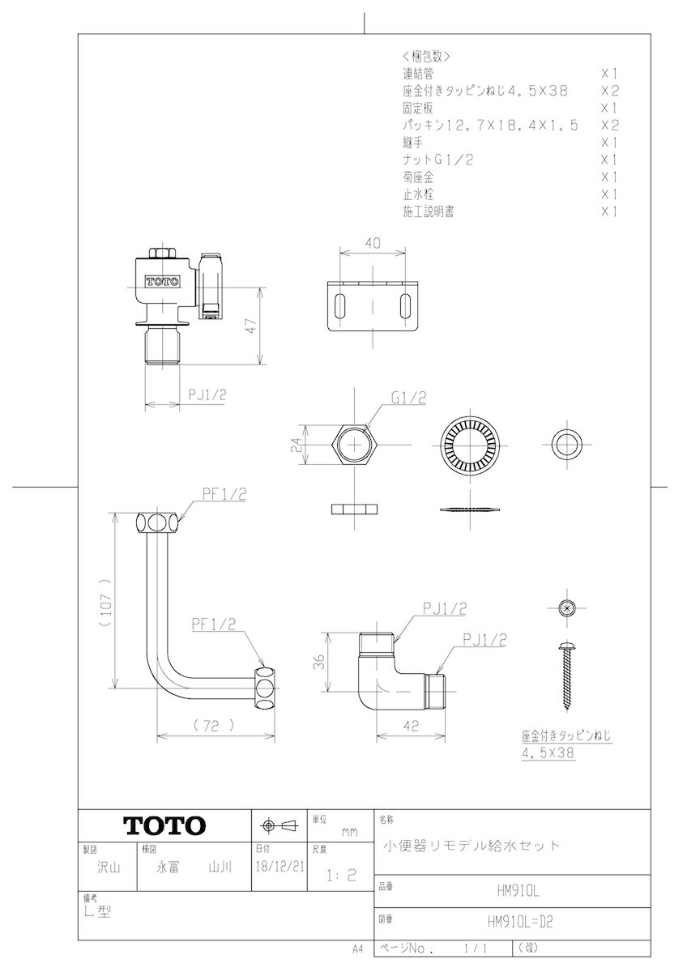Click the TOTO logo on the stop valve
tap(162, 282)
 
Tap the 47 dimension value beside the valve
tap(252, 326)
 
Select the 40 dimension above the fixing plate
tap(373, 243)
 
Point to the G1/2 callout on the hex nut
tap(409, 398)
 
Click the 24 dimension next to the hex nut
tap(296, 445)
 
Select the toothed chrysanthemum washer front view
tap(471, 446)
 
